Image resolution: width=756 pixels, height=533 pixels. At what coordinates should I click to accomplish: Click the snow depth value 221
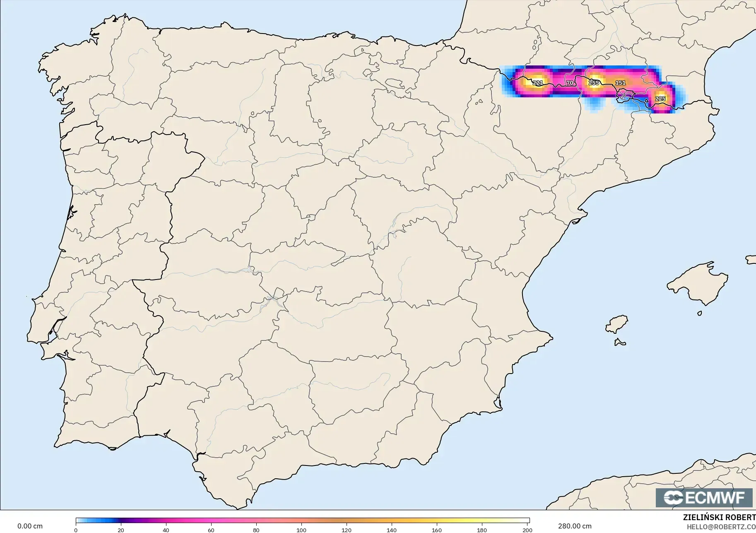[537, 83]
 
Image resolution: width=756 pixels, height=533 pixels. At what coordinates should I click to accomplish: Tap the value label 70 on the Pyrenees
[570, 83]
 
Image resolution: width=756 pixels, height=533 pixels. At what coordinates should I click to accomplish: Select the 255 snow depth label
[594, 83]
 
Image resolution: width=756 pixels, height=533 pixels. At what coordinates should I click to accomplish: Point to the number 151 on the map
[620, 83]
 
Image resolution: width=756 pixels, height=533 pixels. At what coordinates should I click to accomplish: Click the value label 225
[660, 99]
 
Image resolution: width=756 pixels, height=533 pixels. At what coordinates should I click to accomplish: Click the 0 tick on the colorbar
[76, 530]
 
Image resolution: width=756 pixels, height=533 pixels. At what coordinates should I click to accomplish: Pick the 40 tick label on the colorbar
[166, 530]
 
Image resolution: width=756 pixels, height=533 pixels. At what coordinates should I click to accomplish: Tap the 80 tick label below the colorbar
[256, 530]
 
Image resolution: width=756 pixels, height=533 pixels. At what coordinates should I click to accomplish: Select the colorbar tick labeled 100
[301, 530]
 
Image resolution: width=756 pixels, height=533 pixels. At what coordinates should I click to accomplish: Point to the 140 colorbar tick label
[392, 530]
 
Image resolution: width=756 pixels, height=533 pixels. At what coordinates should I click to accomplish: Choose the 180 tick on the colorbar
[482, 530]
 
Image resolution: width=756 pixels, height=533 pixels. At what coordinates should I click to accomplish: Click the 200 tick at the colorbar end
[527, 530]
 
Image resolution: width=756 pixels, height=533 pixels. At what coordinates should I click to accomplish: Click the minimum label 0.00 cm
[30, 526]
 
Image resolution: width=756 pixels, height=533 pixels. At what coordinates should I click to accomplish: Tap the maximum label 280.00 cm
[575, 526]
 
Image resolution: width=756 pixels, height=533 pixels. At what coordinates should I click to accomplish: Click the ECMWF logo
[704, 497]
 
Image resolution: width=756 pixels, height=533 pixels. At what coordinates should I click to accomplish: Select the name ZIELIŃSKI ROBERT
[719, 518]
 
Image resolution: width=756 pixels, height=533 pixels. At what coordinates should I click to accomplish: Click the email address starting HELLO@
[721, 527]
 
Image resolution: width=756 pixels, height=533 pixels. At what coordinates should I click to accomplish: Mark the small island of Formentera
[620, 342]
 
